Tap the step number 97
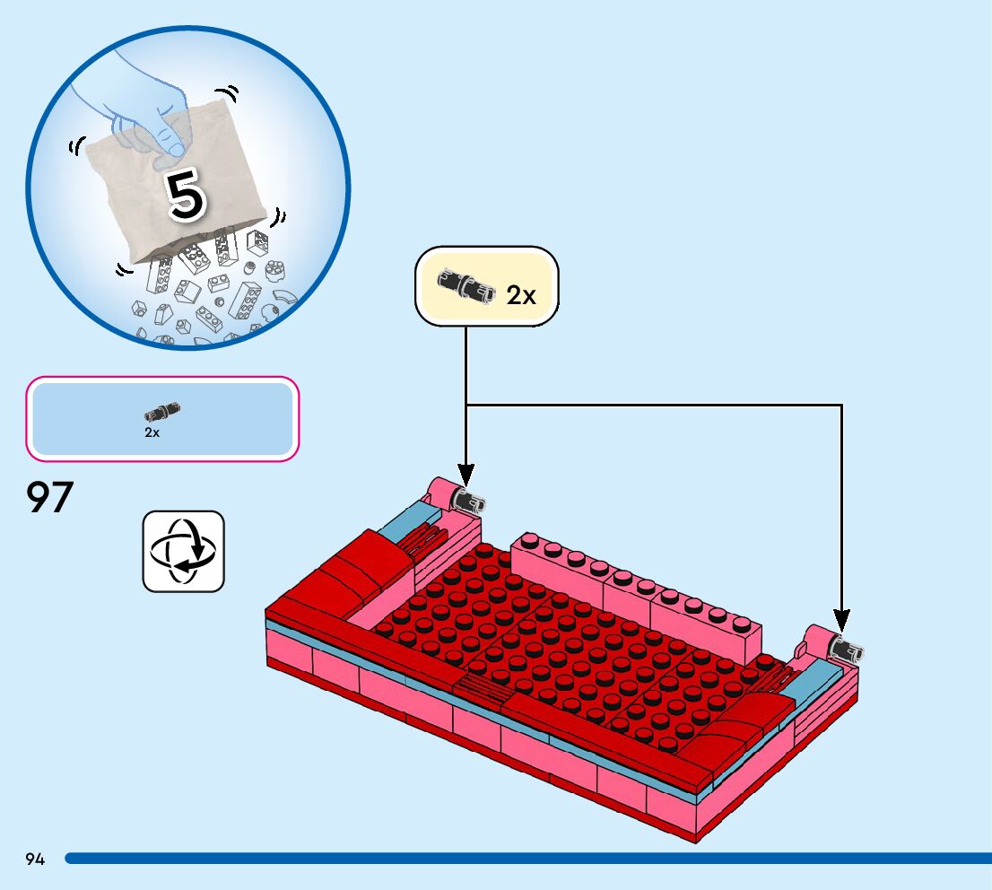tap(49, 498)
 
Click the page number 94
tap(35, 859)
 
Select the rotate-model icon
tap(184, 551)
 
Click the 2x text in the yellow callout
tap(521, 294)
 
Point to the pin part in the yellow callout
tap(466, 285)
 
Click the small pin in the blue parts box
tap(162, 413)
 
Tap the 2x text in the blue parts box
tap(152, 432)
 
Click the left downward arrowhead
tap(466, 473)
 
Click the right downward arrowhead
tap(841, 619)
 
